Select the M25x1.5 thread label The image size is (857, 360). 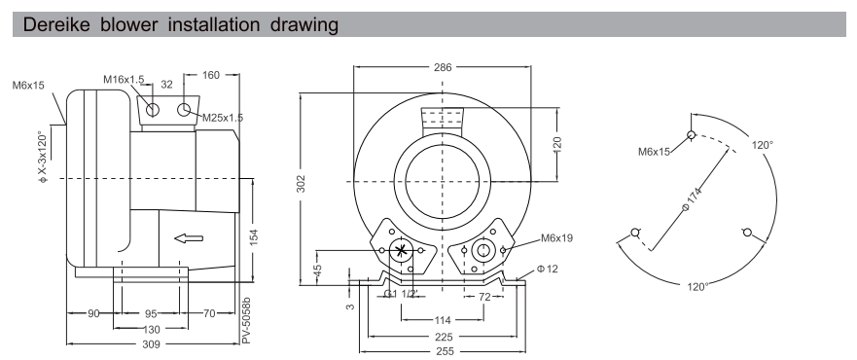coord(223,118)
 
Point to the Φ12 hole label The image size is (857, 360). coord(548,270)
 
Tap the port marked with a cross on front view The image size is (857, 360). coord(404,251)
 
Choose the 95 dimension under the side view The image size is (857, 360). coord(152,314)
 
